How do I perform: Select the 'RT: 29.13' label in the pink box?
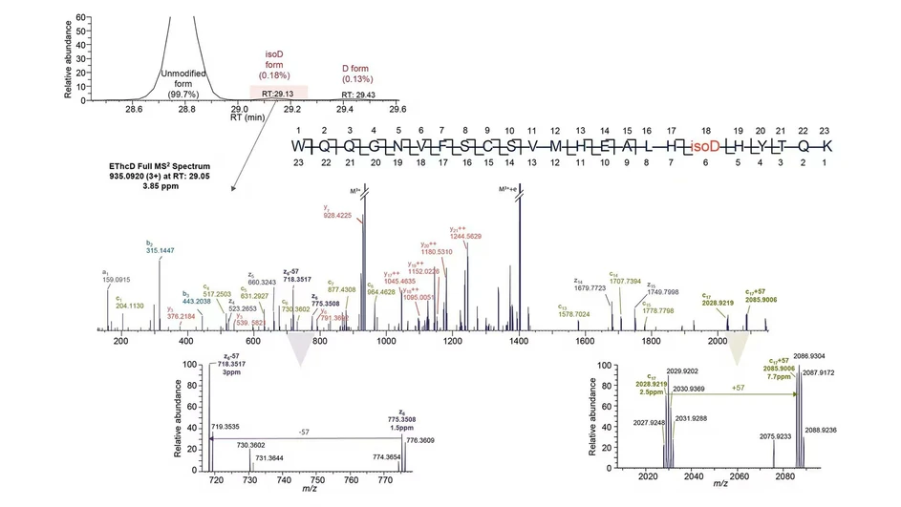pyautogui.click(x=278, y=94)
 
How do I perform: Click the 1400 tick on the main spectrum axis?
pyautogui.click(x=519, y=341)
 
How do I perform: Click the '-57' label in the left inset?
pyautogui.click(x=302, y=432)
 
